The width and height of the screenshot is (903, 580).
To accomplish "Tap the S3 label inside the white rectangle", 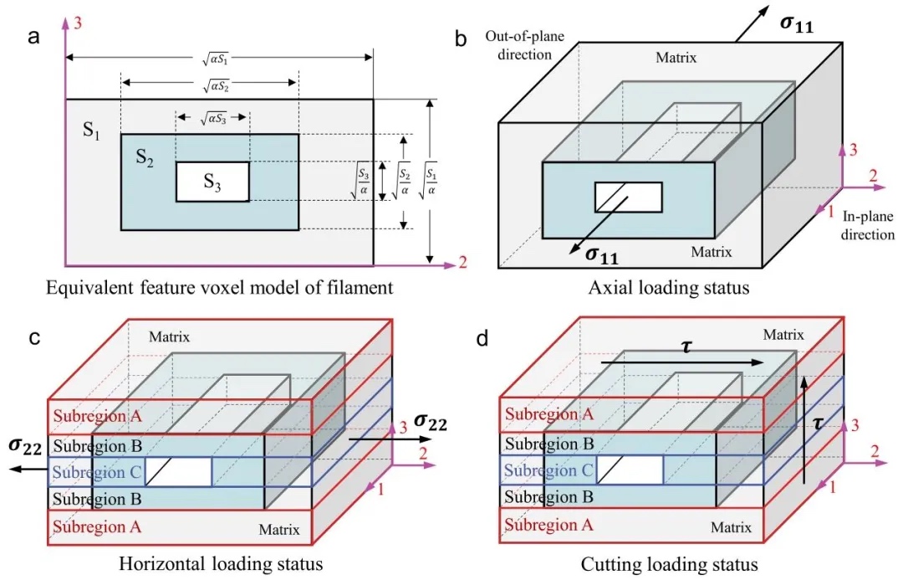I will point(213,182).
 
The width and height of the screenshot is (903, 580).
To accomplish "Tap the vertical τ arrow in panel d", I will point(804,431).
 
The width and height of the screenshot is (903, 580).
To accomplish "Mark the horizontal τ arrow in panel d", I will point(681,362).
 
